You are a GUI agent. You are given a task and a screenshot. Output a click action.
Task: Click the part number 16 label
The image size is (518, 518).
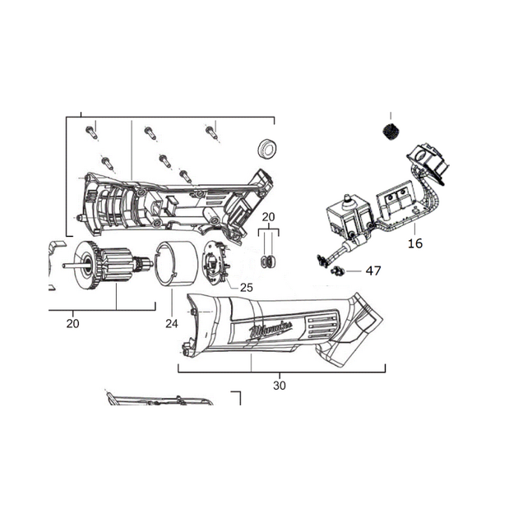pyautogui.click(x=415, y=243)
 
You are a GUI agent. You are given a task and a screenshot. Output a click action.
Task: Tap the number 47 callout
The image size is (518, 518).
pyautogui.click(x=373, y=271)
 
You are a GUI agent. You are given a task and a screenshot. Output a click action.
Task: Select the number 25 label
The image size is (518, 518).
pyautogui.click(x=247, y=288)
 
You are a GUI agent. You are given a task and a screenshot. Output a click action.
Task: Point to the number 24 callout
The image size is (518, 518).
pyautogui.click(x=172, y=324)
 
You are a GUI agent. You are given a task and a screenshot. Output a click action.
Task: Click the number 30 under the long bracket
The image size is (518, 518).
pyautogui.click(x=280, y=386)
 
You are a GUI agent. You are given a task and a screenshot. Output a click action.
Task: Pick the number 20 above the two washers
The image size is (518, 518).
pyautogui.click(x=268, y=217)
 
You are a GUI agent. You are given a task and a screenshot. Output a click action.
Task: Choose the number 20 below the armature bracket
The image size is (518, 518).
pyautogui.click(x=72, y=324)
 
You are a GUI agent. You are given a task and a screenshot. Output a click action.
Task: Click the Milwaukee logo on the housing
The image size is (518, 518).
pyautogui.click(x=271, y=330)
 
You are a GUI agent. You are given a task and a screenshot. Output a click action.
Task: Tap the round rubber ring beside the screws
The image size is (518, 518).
pyautogui.click(x=266, y=149)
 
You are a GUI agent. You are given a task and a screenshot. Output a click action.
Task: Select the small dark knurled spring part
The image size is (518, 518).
pyautogui.click(x=391, y=132)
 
